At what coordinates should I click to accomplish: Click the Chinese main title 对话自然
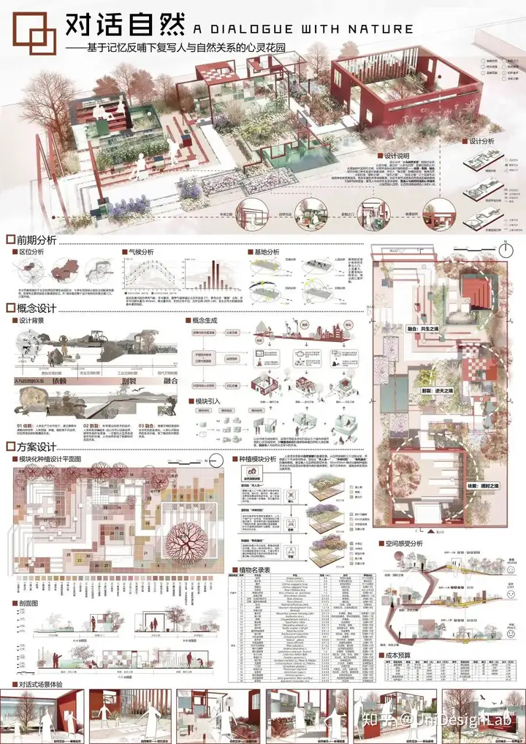[x=126, y=26]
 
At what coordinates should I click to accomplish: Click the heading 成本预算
[x=398, y=656]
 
